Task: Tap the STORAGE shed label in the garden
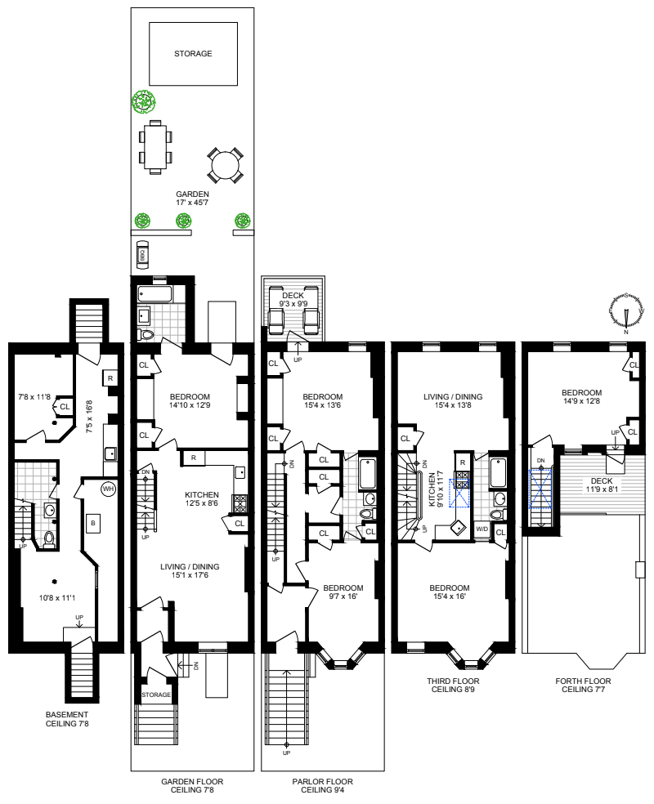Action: coord(193,54)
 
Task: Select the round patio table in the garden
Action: coord(224,166)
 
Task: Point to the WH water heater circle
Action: coord(108,489)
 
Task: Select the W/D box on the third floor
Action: coord(484,529)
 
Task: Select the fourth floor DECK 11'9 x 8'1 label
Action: coord(601,485)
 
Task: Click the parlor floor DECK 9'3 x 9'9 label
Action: coord(293,300)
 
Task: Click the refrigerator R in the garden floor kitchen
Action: coord(193,458)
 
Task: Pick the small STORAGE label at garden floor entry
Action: coord(156,695)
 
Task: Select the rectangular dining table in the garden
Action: coord(156,147)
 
